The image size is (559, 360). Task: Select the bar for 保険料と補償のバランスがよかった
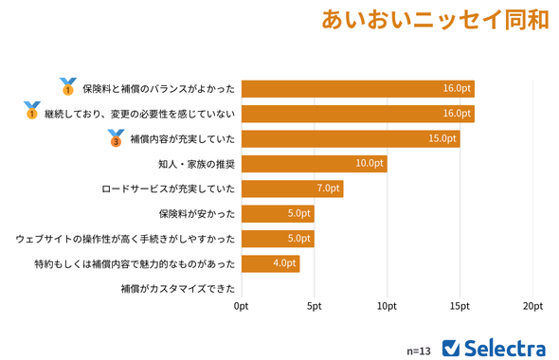pos(357,88)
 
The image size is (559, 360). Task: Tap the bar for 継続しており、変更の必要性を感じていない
pos(357,114)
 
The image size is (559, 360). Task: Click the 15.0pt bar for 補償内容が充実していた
pos(351,138)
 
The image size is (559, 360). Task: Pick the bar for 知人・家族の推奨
pos(314,164)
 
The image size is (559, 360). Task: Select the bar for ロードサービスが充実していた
pos(292,189)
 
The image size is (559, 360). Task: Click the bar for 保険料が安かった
pos(278,213)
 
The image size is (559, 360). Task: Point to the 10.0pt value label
pos(370,164)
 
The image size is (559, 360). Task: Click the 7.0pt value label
pos(328,189)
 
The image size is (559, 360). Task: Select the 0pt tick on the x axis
pos(242,306)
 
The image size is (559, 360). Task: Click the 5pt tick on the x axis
pos(314,306)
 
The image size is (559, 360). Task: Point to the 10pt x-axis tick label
pos(387,306)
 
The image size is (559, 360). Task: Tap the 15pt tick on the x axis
pos(460,306)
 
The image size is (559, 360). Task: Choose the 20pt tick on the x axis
pos(532,306)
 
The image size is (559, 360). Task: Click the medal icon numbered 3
pos(116,138)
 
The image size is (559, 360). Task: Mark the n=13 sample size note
pos(419,350)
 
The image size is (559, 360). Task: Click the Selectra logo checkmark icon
pos(452,347)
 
